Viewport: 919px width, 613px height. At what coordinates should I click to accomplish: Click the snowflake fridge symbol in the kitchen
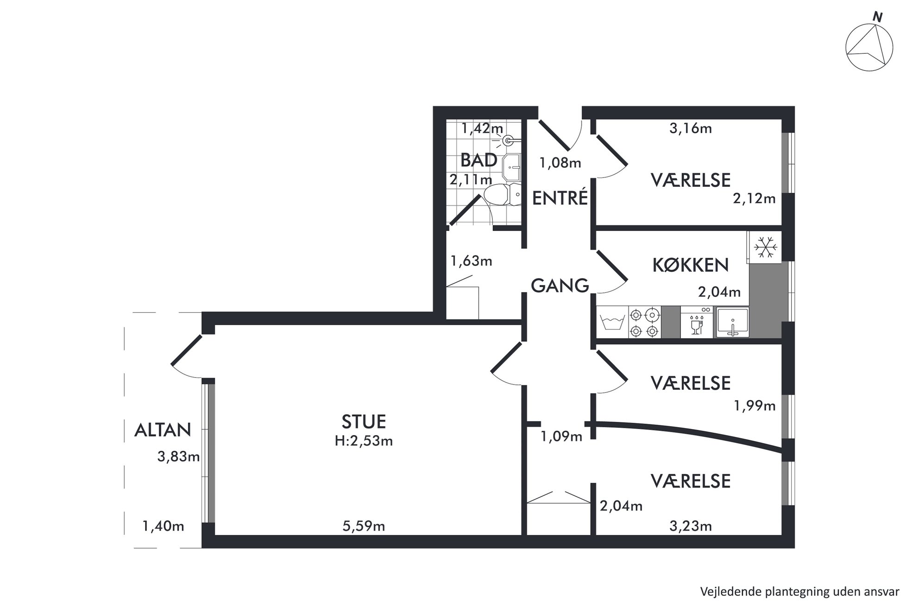[x=765, y=247]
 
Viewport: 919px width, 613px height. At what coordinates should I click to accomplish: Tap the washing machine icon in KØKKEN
[x=612, y=322]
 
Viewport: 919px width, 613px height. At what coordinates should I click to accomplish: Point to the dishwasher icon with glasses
[x=697, y=322]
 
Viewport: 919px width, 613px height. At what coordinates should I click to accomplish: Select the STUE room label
[x=364, y=422]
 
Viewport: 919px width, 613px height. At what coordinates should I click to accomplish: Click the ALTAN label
[x=163, y=430]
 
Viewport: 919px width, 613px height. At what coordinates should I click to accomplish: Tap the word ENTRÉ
[x=560, y=197]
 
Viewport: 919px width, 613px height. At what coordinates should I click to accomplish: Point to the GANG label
[x=560, y=285]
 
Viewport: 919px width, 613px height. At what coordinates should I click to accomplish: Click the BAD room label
[x=478, y=160]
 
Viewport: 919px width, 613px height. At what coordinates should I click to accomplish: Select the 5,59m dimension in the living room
[x=364, y=526]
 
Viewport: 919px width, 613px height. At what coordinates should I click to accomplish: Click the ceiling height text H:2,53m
[x=364, y=441]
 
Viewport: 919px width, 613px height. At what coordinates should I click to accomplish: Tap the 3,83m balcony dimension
[x=178, y=457]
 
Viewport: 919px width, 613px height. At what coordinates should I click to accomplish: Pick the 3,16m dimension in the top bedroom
[x=691, y=128]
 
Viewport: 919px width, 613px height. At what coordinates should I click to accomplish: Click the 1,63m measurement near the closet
[x=471, y=261]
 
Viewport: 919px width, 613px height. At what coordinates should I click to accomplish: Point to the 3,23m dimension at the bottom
[x=691, y=526]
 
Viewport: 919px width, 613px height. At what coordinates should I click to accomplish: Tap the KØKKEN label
[x=690, y=265]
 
